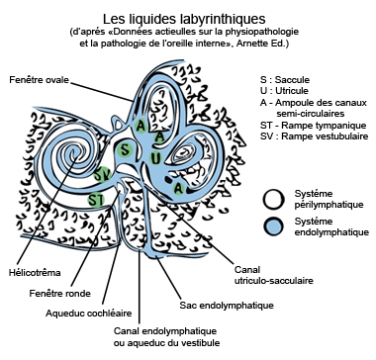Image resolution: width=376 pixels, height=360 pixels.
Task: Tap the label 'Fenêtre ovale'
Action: (x=41, y=79)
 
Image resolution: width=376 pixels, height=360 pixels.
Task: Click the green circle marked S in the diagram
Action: (x=125, y=150)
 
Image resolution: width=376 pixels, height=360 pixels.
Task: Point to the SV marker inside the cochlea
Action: (x=103, y=174)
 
